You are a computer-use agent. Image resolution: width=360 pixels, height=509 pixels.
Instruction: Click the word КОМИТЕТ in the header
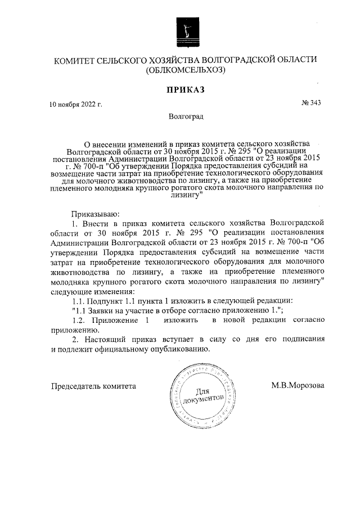pos(75,60)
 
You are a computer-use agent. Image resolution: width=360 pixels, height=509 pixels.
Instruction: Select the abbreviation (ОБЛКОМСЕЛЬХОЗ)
pos(185,71)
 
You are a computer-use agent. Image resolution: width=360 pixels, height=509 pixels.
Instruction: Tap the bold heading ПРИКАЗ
pos(184,90)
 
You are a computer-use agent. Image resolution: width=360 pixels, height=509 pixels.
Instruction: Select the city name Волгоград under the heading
pos(185,117)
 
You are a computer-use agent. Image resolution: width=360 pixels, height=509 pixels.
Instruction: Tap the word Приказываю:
pos(94,213)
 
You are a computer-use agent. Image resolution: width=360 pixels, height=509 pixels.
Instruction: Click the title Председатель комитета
pos(94,386)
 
